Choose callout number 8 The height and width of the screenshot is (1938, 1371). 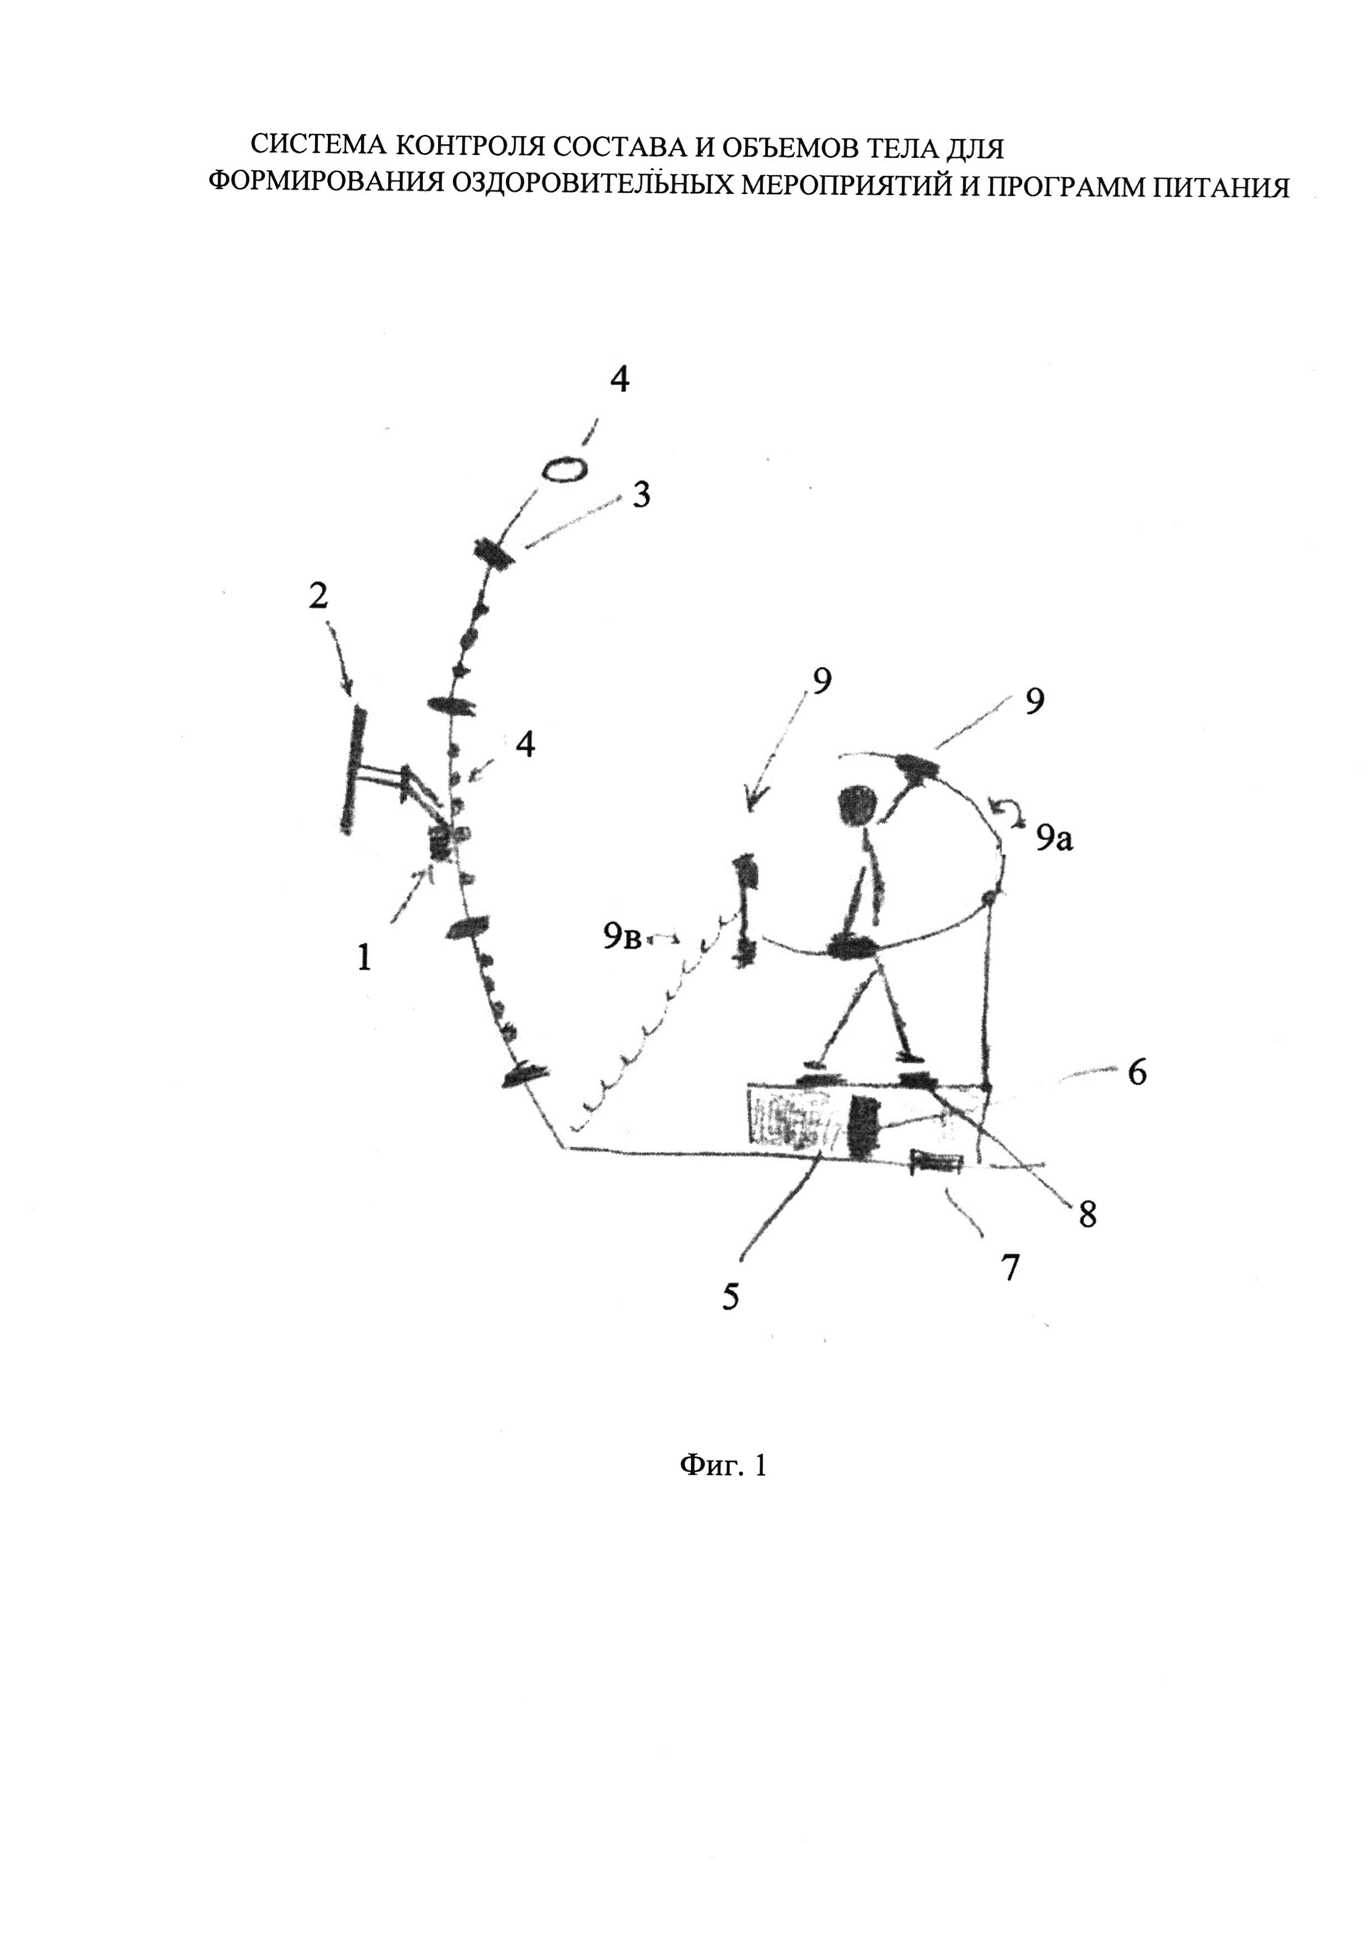(x=1087, y=1216)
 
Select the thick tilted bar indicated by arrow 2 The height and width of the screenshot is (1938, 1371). (x=353, y=770)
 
